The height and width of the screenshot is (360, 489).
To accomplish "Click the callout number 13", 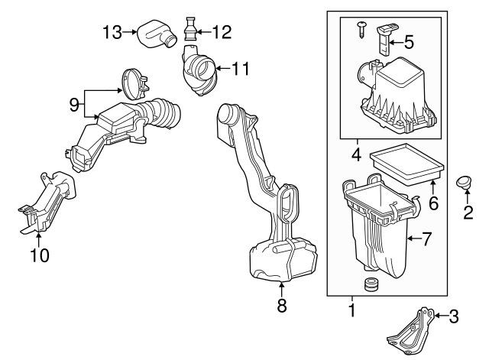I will tap(113, 31).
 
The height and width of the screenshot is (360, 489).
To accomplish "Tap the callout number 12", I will tap(221, 31).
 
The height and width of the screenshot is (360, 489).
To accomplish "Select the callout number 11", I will tap(241, 69).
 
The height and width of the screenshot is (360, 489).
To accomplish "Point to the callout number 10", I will tap(38, 255).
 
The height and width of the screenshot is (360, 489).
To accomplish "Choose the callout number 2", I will tap(468, 213).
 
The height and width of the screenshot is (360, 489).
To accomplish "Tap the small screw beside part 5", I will tap(362, 30).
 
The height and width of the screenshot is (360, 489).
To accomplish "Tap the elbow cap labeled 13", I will tap(155, 34).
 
